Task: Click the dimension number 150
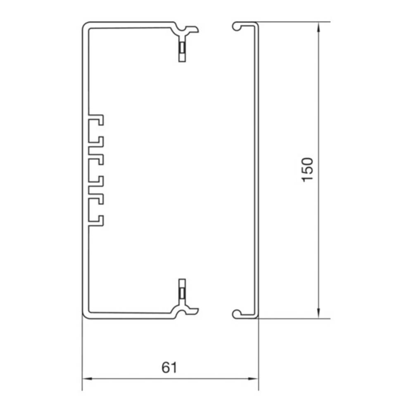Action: pos(307,170)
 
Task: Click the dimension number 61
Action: pos(169,368)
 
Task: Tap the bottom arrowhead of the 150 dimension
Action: pos(318,313)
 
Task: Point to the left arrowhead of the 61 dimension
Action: pos(87,379)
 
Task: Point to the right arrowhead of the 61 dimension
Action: pos(254,379)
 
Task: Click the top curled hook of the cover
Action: pos(237,26)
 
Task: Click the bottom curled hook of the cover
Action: pos(237,314)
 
